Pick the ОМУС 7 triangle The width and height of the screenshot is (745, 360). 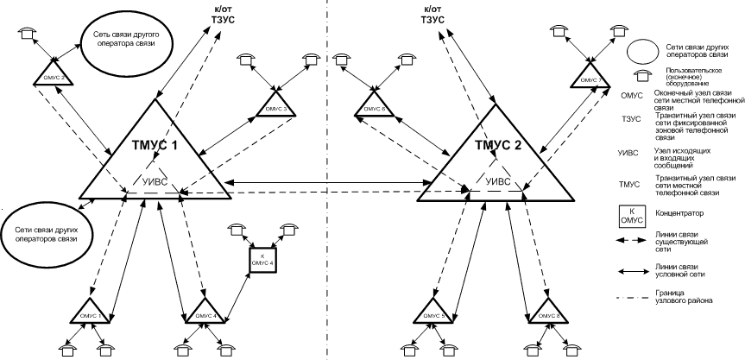click(x=590, y=79)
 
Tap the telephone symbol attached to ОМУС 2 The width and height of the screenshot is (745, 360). click(x=29, y=32)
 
